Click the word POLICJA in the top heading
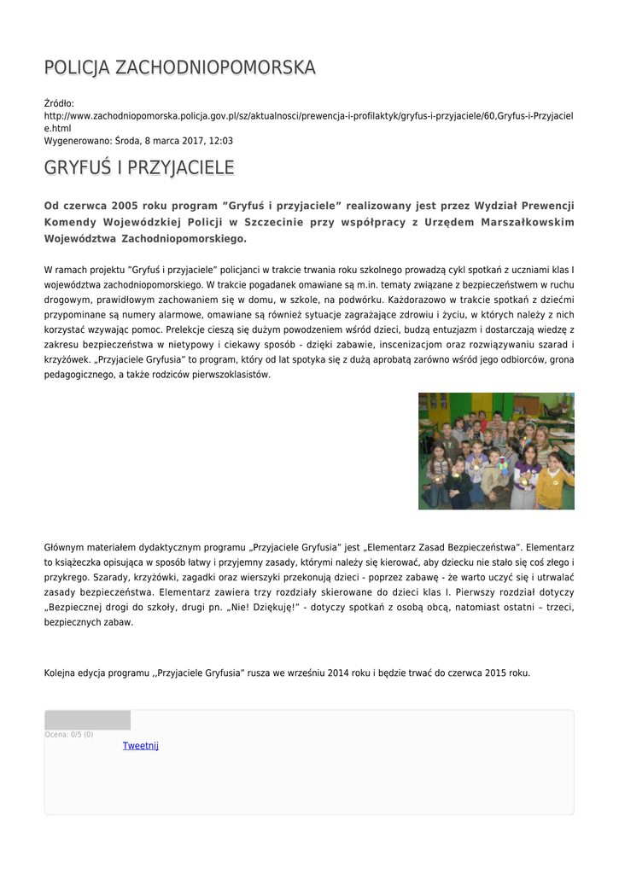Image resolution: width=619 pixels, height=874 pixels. [x=77, y=67]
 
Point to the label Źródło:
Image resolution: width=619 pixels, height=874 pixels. [x=60, y=103]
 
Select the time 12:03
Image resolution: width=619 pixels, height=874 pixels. [x=220, y=141]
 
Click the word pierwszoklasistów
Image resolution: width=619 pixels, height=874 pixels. [x=233, y=375]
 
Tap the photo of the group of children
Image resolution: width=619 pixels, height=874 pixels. [x=495, y=451]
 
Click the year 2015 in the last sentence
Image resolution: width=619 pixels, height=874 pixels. [x=496, y=673]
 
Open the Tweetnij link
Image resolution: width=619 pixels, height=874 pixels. [x=140, y=746]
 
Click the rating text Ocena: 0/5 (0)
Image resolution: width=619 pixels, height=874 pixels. [x=69, y=735]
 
